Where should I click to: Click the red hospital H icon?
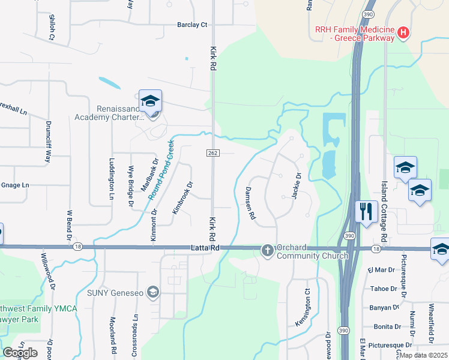403,32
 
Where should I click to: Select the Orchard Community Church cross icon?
268,250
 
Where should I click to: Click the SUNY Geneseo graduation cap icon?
153,292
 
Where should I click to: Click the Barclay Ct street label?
192,25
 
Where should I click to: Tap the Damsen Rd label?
250,202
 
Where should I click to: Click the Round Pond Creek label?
161,169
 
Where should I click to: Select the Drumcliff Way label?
48,142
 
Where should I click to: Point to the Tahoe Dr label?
385,289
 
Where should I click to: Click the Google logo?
20,352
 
